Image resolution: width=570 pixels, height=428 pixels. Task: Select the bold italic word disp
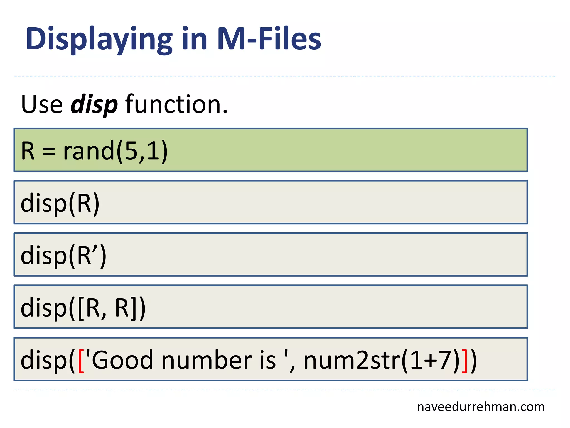coord(94,104)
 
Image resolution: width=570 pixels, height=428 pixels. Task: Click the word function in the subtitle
coord(176,104)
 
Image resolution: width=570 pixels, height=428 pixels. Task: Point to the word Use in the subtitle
coord(42,104)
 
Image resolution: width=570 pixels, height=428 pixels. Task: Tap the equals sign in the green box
coord(49,152)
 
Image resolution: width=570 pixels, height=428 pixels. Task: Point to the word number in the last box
coord(207,360)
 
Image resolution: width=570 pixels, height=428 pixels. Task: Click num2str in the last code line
coord(352,360)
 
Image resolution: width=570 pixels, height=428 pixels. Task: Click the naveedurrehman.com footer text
coord(481,407)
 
